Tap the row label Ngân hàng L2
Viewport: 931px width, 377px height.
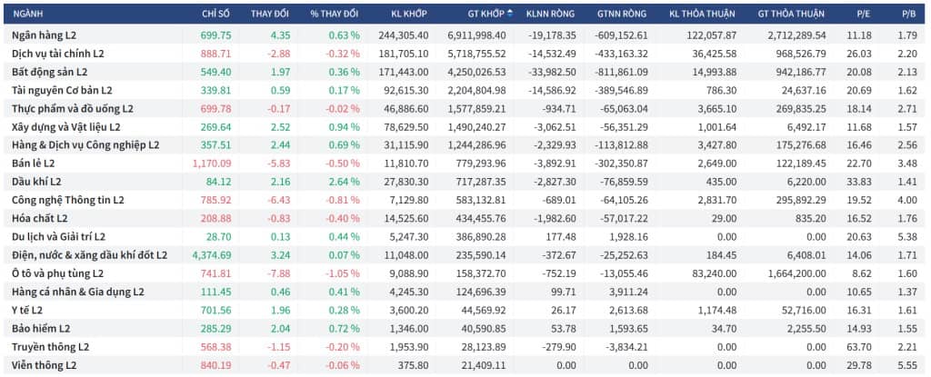click(44, 35)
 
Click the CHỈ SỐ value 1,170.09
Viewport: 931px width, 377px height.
click(212, 164)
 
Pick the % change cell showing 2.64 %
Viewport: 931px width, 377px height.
click(344, 182)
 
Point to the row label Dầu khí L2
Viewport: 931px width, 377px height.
click(36, 182)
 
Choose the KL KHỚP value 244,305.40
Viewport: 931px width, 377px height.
click(403, 35)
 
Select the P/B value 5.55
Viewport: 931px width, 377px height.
click(908, 365)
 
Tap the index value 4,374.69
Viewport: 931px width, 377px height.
click(212, 255)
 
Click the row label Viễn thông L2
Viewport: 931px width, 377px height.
click(45, 365)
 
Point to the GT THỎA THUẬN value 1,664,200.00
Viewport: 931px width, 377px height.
click(793, 273)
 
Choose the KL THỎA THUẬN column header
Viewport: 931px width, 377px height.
click(703, 14)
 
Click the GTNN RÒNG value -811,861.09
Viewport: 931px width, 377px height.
click(620, 72)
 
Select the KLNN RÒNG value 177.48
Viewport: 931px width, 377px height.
click(562, 237)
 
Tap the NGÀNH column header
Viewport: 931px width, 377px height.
click(27, 14)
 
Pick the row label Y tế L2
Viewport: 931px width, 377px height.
click(27, 310)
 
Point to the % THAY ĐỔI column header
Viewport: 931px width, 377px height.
click(335, 14)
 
